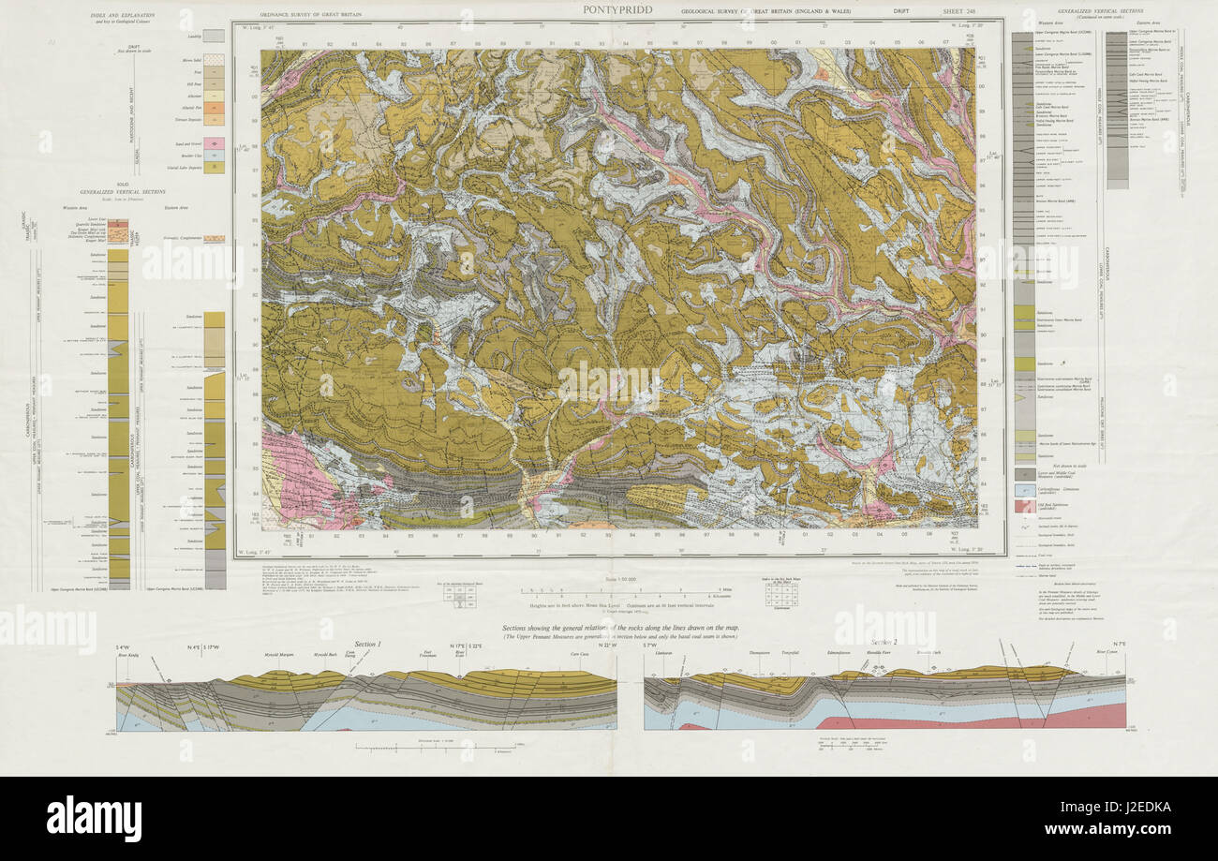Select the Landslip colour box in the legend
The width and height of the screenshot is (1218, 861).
(x=214, y=36)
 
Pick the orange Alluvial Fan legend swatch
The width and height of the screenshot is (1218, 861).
(x=214, y=108)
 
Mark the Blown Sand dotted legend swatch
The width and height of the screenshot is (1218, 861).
(x=214, y=60)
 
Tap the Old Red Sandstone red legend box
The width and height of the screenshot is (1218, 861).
(x=1025, y=507)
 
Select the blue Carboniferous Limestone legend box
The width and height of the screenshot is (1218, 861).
(x=1025, y=491)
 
